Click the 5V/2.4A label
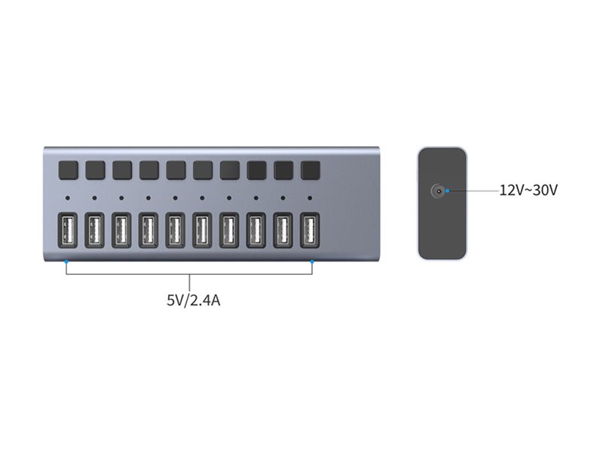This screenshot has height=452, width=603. point(194,300)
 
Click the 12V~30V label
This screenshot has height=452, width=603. point(528,191)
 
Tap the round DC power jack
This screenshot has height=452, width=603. point(438,191)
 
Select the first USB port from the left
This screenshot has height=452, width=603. point(68,231)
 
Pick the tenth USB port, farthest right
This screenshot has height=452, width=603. point(310,231)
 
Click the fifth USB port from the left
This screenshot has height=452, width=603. point(176,231)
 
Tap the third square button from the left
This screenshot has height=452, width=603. point(122,170)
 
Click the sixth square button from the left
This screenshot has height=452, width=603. point(203,170)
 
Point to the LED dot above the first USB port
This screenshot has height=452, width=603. point(68,198)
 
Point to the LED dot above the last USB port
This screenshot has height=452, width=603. point(310,198)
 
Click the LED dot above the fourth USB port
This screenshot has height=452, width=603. point(148,198)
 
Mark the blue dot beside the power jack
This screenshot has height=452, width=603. point(447,191)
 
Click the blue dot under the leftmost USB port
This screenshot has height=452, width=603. point(66,261)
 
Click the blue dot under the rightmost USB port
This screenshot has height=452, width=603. point(312,261)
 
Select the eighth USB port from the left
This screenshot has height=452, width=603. point(256,231)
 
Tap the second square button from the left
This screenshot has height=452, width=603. point(96,170)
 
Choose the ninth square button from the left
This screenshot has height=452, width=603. point(284,170)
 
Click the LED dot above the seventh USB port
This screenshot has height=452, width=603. point(229,198)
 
